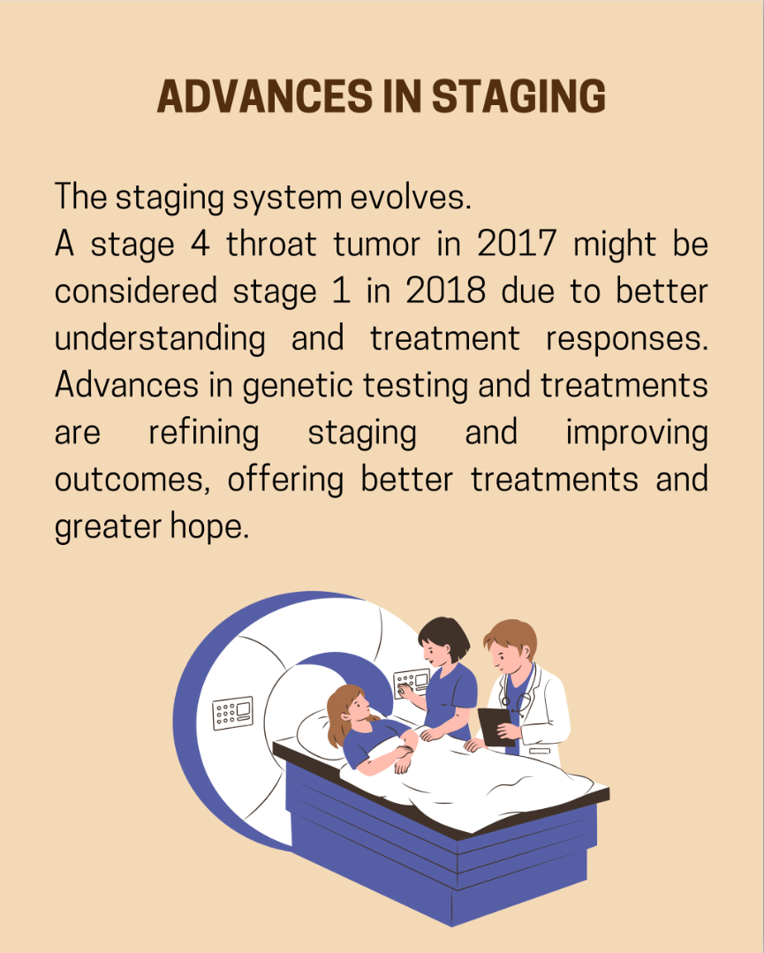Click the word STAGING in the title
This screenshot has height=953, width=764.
pyautogui.click(x=519, y=96)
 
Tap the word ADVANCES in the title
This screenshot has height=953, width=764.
pyautogui.click(x=265, y=96)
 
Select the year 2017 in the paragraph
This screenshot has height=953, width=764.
pyautogui.click(x=517, y=244)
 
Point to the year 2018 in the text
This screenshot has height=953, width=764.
pyautogui.click(x=445, y=291)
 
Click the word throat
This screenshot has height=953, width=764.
pyautogui.click(x=271, y=244)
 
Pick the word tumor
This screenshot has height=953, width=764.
pyautogui.click(x=377, y=245)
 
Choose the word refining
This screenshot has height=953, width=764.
pyautogui.click(x=204, y=434)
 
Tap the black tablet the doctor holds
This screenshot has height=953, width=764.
pyautogui.click(x=497, y=727)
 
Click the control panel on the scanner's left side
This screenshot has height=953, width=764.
pyautogui.click(x=232, y=712)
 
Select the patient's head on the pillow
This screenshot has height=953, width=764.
pyautogui.click(x=349, y=712)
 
